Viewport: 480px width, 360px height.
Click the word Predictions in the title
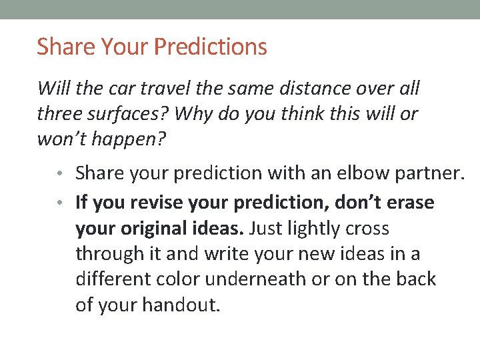(x=210, y=47)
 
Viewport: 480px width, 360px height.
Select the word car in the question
(x=122, y=88)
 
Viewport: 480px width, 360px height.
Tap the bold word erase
(x=411, y=202)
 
